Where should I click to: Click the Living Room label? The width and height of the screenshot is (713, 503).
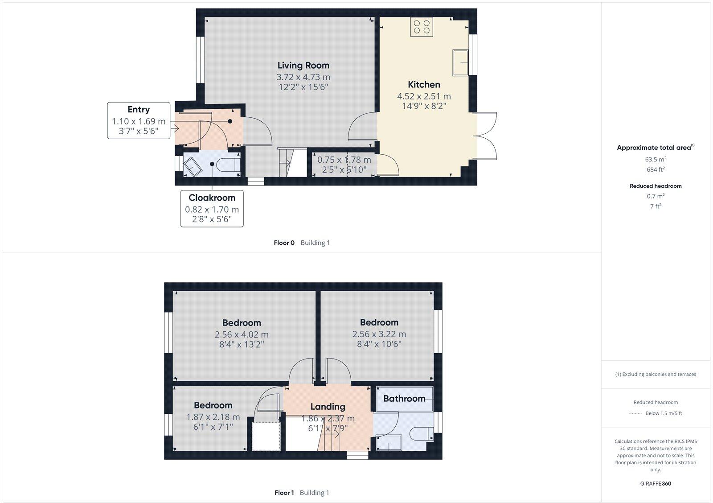[303, 66]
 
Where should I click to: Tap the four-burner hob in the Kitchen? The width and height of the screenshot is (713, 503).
[422, 26]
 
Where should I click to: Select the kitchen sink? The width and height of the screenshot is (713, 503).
[460, 63]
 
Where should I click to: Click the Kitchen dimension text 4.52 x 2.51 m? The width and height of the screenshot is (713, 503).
[424, 96]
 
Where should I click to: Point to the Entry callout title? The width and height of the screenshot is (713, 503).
[139, 110]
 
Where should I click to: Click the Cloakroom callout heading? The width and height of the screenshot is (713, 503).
[212, 198]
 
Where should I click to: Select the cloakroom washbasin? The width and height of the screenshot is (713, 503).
[193, 166]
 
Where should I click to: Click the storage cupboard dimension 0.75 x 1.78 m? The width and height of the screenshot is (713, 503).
[344, 160]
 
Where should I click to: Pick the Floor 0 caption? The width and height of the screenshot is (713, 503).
[284, 243]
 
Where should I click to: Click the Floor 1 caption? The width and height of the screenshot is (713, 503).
[284, 493]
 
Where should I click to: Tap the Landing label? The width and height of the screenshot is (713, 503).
[328, 407]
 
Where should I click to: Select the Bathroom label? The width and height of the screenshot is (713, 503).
[404, 399]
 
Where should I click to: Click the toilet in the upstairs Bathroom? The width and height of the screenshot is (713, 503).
[421, 433]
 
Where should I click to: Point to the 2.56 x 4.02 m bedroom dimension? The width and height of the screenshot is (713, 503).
[242, 334]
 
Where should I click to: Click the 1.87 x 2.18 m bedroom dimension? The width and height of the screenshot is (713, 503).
[213, 417]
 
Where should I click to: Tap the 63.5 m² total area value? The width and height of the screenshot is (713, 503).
[656, 160]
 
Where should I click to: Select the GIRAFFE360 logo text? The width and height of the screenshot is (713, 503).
[656, 483]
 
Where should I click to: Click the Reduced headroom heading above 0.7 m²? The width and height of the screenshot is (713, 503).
[656, 186]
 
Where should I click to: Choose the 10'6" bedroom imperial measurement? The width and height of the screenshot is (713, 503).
[379, 344]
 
